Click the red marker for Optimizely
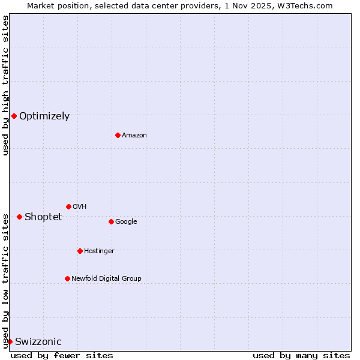point(14,116)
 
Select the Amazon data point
point(118,135)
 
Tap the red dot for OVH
point(68,206)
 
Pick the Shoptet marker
point(19,217)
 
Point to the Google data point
point(111,221)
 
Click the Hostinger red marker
point(80,251)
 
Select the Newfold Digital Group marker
point(67,278)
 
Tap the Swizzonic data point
point(10,341)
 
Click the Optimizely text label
point(44,116)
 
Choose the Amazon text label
point(134,136)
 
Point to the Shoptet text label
point(43,217)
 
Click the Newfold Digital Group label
point(106,278)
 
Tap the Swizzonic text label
point(38,342)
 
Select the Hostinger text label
point(99,251)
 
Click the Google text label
point(126,222)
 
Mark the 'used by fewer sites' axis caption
point(62,355)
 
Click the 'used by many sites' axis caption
point(301,355)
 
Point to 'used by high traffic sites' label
point(5,85)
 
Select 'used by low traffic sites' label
point(5,281)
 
